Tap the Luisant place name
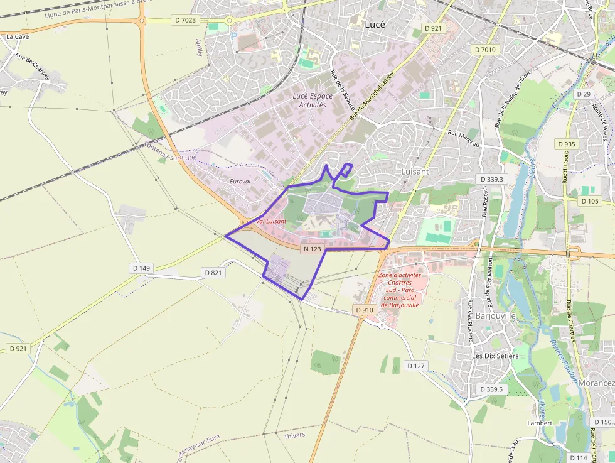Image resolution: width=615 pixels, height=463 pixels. click(415, 171)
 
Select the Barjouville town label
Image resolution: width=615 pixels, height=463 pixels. click(495, 315)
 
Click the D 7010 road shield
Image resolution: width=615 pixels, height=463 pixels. click(485, 50)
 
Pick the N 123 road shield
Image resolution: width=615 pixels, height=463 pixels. click(312, 249)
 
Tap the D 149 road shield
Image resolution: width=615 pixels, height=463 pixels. click(142, 268)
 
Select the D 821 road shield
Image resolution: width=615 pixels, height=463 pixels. click(214, 273)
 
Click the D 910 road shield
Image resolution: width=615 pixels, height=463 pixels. click(365, 310)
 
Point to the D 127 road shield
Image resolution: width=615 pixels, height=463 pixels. click(415, 366)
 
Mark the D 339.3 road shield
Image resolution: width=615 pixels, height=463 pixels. click(491, 179)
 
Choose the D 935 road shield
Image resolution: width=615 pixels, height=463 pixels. click(565, 144)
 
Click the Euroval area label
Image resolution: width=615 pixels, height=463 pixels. click(240, 181)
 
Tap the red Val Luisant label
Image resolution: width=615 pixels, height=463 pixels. click(270, 221)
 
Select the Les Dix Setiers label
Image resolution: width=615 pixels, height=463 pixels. click(495, 356)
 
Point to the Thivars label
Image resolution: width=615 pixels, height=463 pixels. click(294, 435)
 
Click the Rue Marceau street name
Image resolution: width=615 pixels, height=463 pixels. click(464, 138)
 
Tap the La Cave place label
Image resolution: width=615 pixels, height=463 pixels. click(18, 36)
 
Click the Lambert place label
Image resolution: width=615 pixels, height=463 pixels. click(540, 423)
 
